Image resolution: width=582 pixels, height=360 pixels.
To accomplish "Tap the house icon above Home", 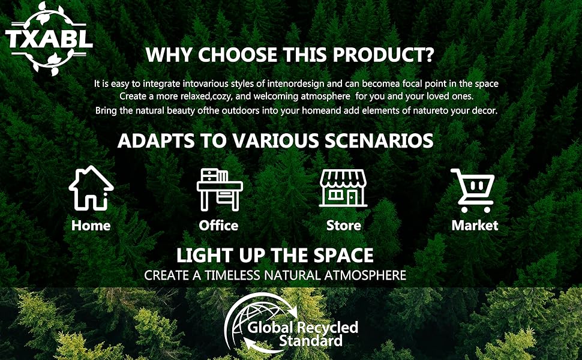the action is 91,188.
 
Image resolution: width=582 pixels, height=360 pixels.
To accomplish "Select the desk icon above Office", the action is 220,190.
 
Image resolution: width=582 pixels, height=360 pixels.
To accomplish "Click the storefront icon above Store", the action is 343,188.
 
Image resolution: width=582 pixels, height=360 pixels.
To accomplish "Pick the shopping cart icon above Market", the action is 473,190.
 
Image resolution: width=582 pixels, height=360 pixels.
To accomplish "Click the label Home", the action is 91,226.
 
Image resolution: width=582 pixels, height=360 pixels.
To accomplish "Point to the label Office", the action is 218,226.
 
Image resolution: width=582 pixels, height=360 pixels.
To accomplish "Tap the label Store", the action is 344,226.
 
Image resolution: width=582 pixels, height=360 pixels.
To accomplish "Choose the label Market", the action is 475,226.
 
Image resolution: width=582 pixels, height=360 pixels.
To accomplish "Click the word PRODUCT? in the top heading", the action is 383,55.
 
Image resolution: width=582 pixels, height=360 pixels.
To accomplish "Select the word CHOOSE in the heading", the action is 238,55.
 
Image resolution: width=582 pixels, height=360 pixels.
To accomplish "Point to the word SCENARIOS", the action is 379,141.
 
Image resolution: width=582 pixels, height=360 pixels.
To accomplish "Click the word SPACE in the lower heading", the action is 343,256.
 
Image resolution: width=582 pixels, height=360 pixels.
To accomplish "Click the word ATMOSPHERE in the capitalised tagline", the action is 365,275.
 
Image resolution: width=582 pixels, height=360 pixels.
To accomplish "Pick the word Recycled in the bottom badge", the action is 328,328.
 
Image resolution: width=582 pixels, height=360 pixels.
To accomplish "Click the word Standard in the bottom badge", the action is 311,341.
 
